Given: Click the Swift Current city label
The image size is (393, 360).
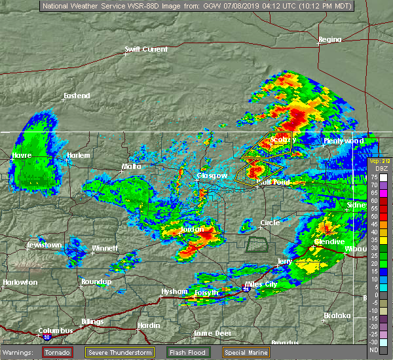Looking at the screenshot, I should click(x=146, y=49).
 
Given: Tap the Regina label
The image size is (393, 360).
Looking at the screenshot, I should click(x=329, y=39).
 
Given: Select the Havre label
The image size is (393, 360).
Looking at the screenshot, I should click(x=21, y=155).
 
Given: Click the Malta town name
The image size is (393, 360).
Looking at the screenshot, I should click(x=131, y=166).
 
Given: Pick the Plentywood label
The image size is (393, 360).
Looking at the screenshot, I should click(x=343, y=141).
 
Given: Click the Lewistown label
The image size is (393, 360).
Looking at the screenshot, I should click(x=44, y=245).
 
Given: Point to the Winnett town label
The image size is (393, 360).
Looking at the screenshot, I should click(x=105, y=248).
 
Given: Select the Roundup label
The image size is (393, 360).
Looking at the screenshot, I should click(x=96, y=281).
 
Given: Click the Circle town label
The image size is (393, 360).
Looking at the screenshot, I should click(x=270, y=223).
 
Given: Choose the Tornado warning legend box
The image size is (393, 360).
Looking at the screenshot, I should click(x=58, y=353).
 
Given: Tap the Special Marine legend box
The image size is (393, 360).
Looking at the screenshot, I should click(x=247, y=353).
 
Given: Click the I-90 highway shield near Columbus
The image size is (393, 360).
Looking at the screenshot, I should click(x=48, y=337).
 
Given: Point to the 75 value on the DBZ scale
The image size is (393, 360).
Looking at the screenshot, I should click(x=373, y=177).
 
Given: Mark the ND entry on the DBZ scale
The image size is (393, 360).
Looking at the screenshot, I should click(x=373, y=350).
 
